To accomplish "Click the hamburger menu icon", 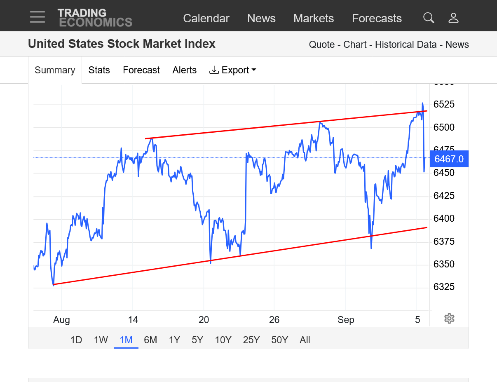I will click(x=38, y=17).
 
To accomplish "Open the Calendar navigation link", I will click(x=206, y=19).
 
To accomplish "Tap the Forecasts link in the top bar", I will click(x=377, y=19).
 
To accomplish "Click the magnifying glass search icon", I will click(x=429, y=18).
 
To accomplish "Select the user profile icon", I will click(x=453, y=18).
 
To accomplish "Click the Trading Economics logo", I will click(x=95, y=18).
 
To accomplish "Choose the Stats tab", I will click(x=99, y=70).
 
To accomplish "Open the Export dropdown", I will click(x=233, y=70).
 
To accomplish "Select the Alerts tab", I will click(x=184, y=70).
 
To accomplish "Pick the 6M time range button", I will click(x=150, y=340).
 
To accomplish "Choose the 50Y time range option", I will click(x=279, y=340).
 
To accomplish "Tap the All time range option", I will click(x=305, y=340).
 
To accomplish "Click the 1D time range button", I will click(x=76, y=340).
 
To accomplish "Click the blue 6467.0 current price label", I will click(x=449, y=159).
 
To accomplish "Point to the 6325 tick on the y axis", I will click(x=444, y=286).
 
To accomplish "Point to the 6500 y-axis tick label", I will click(x=444, y=127).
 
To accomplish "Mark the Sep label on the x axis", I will click(x=346, y=320).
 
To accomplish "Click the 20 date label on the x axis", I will click(x=204, y=320).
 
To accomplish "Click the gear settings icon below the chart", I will click(x=449, y=319).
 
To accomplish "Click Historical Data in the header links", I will click(x=406, y=45).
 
